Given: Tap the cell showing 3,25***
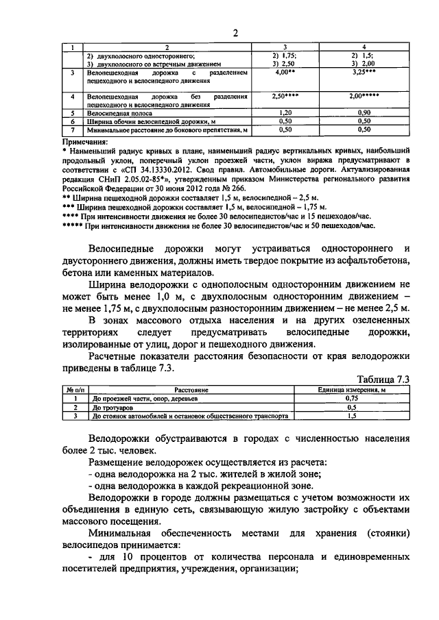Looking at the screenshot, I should pyautogui.click(x=364, y=71).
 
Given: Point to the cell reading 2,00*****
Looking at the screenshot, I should pyautogui.click(x=364, y=97).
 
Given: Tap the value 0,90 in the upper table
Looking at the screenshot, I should pyautogui.click(x=364, y=112).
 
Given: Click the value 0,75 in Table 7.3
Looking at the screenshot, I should pyautogui.click(x=352, y=398).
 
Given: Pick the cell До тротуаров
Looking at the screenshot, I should pyautogui.click(x=111, y=407).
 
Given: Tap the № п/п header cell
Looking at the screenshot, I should pyautogui.click(x=73, y=389).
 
